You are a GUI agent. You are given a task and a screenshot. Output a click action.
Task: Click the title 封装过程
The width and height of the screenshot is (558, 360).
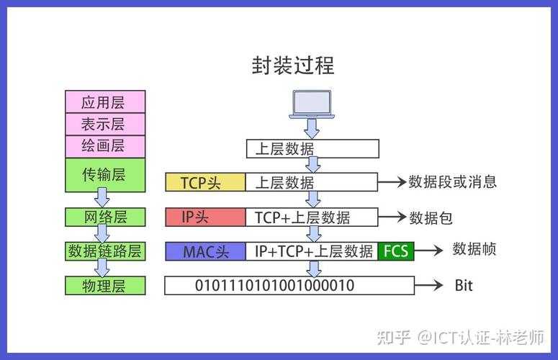tap(292, 66)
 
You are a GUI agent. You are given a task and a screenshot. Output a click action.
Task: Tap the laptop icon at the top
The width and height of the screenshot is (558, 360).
tap(311, 104)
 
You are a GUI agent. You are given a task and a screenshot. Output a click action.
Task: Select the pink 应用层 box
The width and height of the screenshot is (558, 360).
tap(105, 102)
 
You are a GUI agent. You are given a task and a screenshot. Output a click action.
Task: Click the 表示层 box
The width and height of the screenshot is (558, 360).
tap(105, 124)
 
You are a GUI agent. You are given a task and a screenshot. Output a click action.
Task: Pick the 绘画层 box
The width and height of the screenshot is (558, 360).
tap(105, 146)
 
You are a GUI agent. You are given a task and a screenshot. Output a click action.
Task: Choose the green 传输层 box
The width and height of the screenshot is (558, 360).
tap(105, 174)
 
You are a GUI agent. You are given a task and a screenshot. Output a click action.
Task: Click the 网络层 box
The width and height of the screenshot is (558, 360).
tap(105, 217)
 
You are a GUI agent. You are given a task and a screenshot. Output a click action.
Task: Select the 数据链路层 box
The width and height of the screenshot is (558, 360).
tap(105, 251)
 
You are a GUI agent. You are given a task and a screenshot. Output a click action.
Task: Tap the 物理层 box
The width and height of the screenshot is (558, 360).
tap(105, 286)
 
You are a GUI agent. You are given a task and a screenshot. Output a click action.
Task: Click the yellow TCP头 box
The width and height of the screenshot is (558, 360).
tap(205, 182)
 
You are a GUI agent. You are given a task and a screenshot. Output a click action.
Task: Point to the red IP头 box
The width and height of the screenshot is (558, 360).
tap(205, 217)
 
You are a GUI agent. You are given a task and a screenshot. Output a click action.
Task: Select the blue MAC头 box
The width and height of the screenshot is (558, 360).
tap(205, 251)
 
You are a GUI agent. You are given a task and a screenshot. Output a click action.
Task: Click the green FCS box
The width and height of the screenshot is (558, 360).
tap(396, 251)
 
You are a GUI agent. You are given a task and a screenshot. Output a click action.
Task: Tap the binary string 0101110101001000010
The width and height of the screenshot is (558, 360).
tap(275, 286)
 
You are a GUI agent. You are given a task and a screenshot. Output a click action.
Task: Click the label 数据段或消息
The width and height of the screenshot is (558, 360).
tap(453, 181)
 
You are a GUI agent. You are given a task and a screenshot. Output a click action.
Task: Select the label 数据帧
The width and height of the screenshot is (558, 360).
tap(474, 249)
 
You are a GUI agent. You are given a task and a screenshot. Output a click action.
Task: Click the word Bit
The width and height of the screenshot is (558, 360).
tap(464, 286)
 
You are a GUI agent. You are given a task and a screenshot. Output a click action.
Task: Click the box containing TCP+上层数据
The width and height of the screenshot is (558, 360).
tap(312, 217)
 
